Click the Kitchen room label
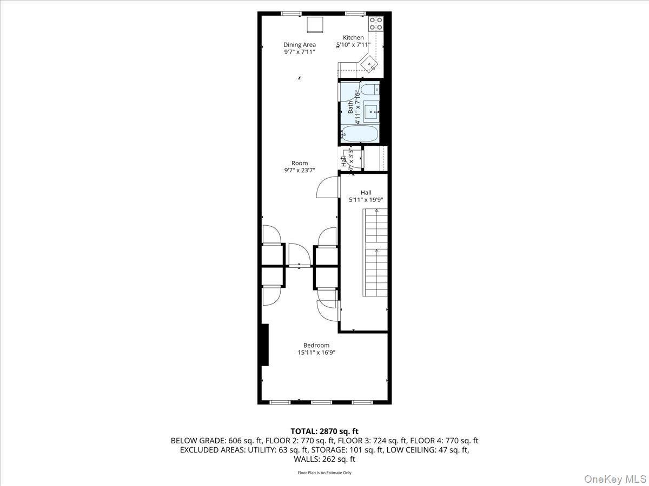click(x=353, y=37)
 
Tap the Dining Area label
click(x=300, y=45)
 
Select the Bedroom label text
click(x=316, y=346)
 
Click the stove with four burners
click(x=376, y=23)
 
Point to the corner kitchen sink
click(x=370, y=64)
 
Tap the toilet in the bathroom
click(x=370, y=90)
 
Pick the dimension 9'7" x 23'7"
click(x=300, y=171)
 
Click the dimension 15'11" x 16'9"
click(x=316, y=353)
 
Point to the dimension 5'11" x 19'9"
click(x=366, y=200)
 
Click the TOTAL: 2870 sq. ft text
click(x=325, y=431)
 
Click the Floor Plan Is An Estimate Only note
click(x=325, y=473)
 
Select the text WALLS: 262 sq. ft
click(x=325, y=460)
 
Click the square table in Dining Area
click(x=315, y=25)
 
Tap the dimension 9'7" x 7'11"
click(x=300, y=52)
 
